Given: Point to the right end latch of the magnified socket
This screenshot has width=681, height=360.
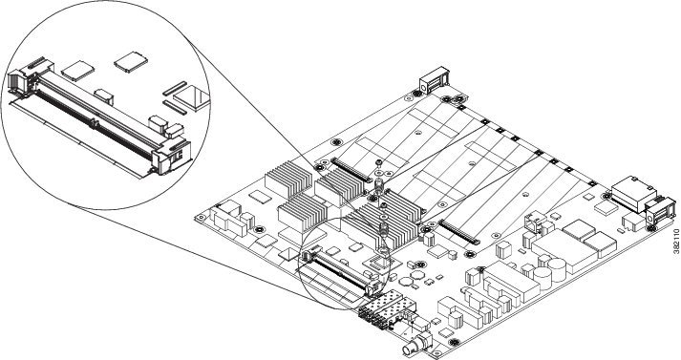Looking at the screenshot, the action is [x=171, y=156].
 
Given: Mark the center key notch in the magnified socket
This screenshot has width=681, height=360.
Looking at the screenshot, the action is [x=93, y=123].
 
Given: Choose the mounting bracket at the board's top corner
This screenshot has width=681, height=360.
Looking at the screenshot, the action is [x=434, y=79].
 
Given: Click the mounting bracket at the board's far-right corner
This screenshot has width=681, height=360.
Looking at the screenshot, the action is [x=660, y=212].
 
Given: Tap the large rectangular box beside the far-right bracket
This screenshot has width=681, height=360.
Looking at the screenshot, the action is [x=633, y=193].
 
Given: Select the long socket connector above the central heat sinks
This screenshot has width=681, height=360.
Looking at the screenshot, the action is [x=351, y=170].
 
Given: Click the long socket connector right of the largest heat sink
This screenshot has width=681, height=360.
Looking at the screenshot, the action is [x=458, y=231].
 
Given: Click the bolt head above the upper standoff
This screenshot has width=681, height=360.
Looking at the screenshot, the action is [x=379, y=163].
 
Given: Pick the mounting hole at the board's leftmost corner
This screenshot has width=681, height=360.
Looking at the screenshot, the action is [x=201, y=217].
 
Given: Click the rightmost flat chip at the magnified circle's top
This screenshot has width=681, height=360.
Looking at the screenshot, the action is [x=131, y=62].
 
